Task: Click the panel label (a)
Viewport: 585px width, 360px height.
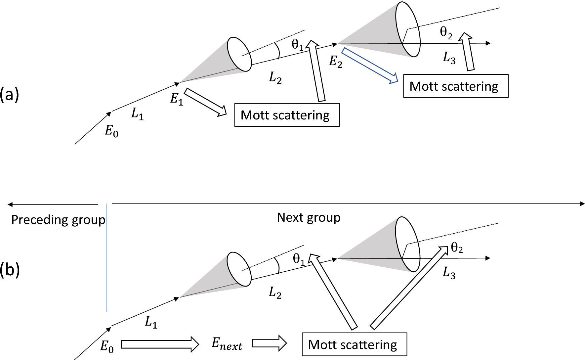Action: click(10, 95)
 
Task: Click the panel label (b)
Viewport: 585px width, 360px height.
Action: click(10, 270)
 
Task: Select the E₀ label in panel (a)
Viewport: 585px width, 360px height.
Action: click(111, 131)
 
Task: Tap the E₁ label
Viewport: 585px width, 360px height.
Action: click(177, 99)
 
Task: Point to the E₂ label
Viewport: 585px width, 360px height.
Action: click(335, 62)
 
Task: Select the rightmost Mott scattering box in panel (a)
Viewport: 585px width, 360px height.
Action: click(455, 86)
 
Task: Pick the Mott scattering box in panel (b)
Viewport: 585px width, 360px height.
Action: click(354, 344)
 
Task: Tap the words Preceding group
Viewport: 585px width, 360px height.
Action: click(58, 220)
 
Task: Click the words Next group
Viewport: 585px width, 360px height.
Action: click(309, 218)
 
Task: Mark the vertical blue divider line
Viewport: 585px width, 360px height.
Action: click(107, 258)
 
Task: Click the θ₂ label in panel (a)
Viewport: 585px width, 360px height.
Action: click(446, 33)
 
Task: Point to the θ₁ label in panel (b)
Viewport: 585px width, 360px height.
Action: click(299, 259)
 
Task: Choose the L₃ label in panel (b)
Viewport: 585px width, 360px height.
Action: click(449, 273)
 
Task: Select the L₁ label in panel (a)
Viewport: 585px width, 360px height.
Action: click(137, 114)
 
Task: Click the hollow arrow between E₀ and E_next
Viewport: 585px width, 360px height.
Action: click(159, 344)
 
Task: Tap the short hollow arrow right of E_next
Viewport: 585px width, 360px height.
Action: click(269, 343)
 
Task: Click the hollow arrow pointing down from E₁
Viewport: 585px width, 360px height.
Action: click(205, 102)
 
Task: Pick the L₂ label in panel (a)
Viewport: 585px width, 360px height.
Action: click(275, 78)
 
